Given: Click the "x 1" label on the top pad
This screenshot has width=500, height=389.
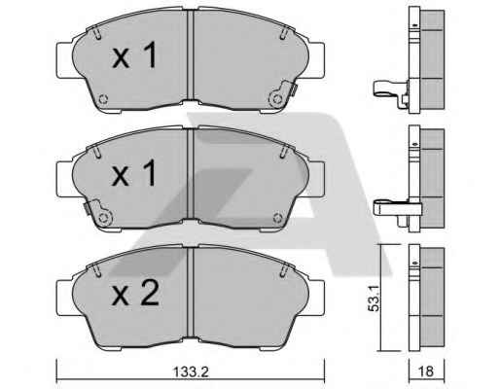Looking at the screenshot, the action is point(134,55).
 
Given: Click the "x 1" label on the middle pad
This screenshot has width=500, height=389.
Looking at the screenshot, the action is point(134,173).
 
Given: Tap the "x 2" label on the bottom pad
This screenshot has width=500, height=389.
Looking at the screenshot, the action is point(135,293).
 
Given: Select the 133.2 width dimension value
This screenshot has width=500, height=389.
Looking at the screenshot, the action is point(191,371).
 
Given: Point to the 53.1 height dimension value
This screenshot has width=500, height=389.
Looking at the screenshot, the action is point(374,299).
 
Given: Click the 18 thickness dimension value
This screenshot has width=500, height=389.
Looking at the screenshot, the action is point(426,371).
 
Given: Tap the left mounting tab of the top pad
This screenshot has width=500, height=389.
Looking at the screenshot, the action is point(65,60).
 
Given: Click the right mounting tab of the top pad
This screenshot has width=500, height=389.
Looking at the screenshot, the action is point(315,60).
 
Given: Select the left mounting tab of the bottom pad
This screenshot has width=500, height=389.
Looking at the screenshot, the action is point(65,298).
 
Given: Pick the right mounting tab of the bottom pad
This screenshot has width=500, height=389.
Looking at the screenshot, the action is point(315,298).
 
